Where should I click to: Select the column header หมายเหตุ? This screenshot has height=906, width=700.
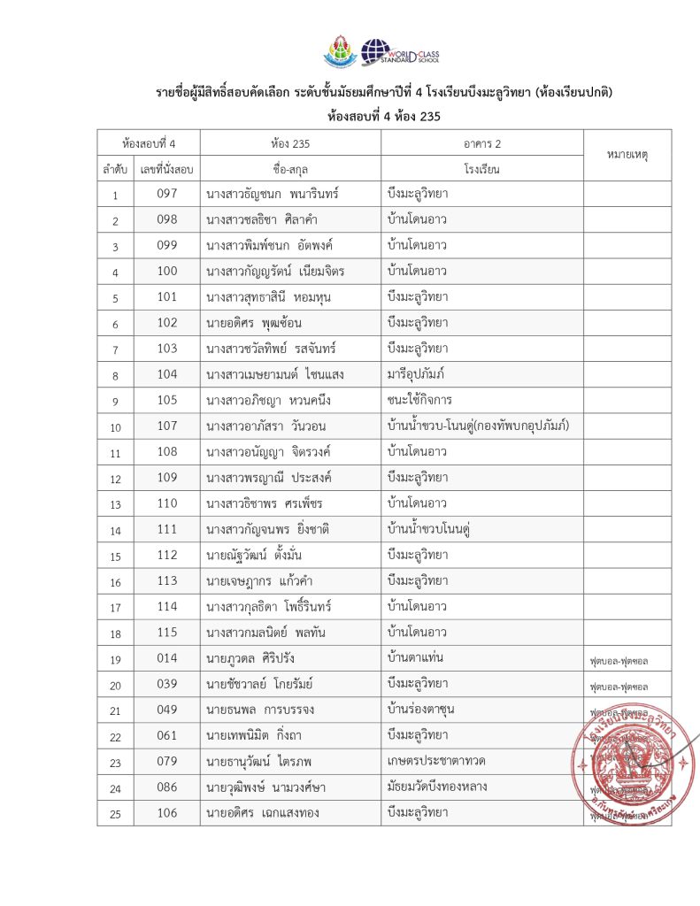(627, 155)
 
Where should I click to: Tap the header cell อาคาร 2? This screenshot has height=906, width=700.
(481, 142)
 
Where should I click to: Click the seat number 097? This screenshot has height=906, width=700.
(167, 194)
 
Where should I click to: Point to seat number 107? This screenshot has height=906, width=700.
(167, 426)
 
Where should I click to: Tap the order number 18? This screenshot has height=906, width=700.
(115, 633)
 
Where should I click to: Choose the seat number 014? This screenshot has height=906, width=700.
(167, 659)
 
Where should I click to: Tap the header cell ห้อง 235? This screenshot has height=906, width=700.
(290, 142)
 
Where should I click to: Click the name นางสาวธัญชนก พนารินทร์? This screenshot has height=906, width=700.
(272, 194)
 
